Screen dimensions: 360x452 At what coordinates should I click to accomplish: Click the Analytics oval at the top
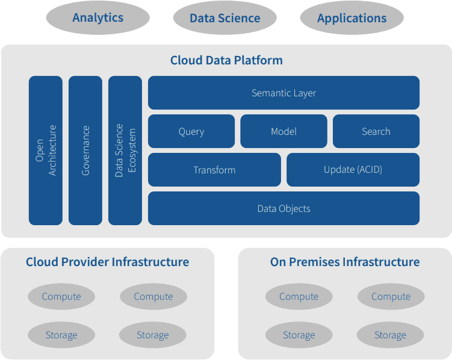[x=98, y=18]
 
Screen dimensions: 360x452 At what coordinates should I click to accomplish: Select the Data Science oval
[x=224, y=18]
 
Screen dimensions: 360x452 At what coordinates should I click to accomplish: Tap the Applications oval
[x=351, y=18]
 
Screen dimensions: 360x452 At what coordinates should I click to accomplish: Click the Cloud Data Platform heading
[x=226, y=60]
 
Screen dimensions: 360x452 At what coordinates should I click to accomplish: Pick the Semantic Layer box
[x=283, y=93]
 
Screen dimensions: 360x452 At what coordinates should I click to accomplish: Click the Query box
[x=191, y=131]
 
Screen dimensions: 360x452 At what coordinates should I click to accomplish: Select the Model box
[x=283, y=131]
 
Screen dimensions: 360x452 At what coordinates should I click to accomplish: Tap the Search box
[x=376, y=131]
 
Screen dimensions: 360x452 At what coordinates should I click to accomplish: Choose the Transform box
[x=214, y=170]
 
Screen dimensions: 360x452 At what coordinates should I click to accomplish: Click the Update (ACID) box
[x=353, y=170]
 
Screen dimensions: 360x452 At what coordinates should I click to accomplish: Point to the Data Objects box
[x=283, y=208]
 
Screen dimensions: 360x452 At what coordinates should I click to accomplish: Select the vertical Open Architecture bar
[x=46, y=151]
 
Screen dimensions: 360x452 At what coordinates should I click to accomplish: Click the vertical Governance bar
[x=85, y=151]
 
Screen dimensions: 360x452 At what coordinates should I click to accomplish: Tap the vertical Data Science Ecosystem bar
[x=125, y=151]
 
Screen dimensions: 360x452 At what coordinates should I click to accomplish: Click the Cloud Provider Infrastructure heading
[x=107, y=262]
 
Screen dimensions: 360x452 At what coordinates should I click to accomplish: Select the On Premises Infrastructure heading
[x=345, y=262]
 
